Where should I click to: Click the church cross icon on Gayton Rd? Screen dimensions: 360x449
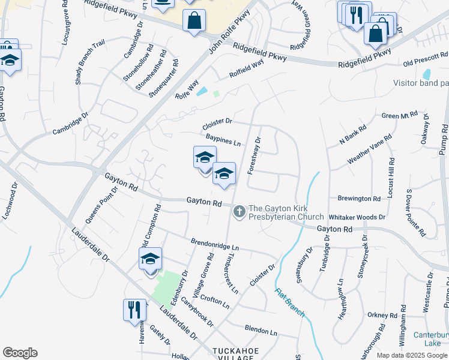pos(240,211)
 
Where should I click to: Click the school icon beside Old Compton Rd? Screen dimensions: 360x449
pos(150,259)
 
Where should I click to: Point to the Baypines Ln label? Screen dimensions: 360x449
pos(223,140)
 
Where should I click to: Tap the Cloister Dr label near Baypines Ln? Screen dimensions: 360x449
pos(217,125)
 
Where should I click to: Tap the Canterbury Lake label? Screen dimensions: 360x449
pos(430,339)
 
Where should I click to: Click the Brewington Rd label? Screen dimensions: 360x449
pos(359,199)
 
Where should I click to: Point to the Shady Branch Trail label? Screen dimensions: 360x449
pos(90,62)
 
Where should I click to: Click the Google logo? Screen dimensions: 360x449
pos(20,353)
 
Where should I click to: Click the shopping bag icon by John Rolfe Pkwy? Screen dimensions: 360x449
pos(194,22)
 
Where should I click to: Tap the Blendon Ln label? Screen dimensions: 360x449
pos(261,329)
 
